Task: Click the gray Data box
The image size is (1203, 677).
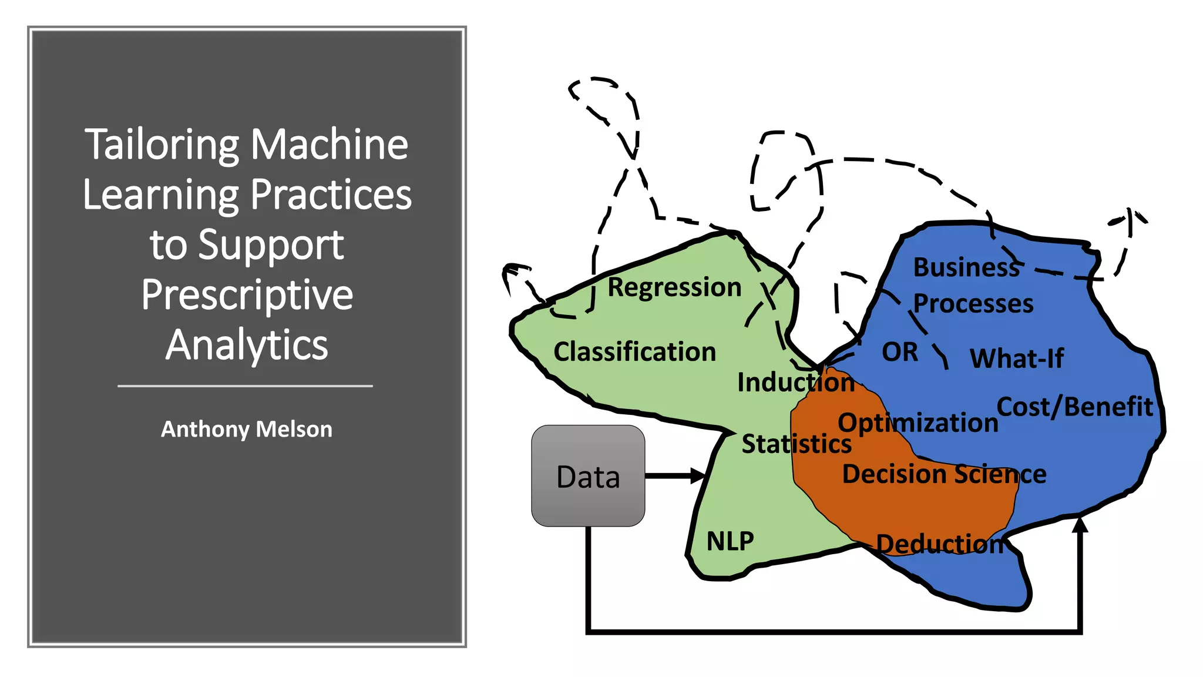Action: tap(588, 475)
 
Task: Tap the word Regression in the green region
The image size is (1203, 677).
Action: tap(674, 287)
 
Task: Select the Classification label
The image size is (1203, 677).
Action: tap(634, 351)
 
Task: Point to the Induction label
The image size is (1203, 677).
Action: tap(795, 382)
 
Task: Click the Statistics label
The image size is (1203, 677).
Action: tap(796, 444)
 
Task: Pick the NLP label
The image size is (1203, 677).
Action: tap(730, 541)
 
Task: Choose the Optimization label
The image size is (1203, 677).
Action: tap(918, 423)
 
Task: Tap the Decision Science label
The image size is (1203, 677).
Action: tap(944, 474)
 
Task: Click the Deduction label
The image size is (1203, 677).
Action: tap(939, 544)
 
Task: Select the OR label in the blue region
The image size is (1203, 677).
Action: tap(899, 352)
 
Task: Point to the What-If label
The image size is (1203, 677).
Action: tap(1016, 358)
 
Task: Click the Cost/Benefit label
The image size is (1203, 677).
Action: tap(1074, 407)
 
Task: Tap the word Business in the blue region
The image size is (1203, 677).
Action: tap(966, 267)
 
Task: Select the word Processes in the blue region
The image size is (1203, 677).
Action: tap(973, 304)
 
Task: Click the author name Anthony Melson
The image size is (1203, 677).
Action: tap(247, 429)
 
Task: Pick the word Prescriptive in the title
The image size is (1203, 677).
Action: tap(247, 294)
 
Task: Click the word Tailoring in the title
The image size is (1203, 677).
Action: tap(162, 145)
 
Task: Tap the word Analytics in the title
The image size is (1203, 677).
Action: tap(247, 345)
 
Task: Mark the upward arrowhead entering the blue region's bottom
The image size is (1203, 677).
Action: tap(1080, 524)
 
